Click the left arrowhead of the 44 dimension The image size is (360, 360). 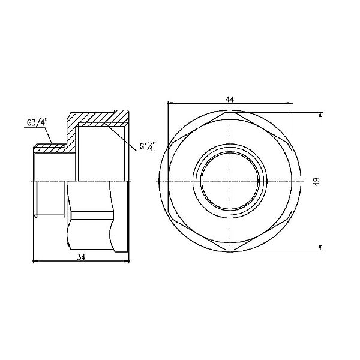point(170,103)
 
